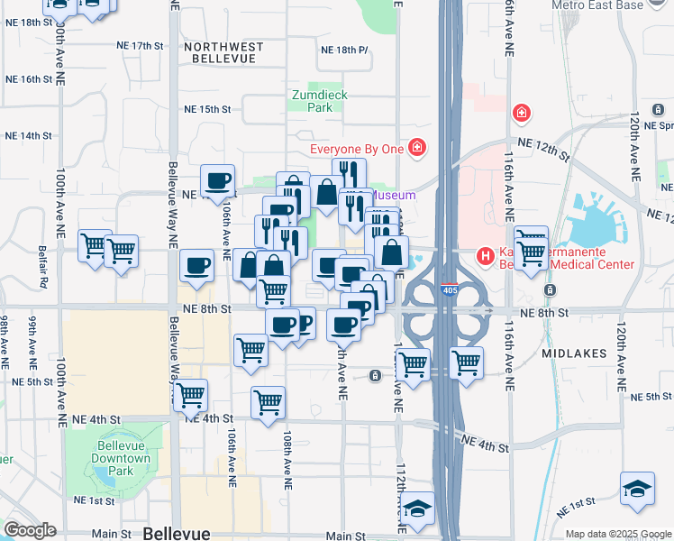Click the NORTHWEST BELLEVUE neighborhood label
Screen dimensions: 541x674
point(223,52)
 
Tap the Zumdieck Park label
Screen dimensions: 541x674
point(319,101)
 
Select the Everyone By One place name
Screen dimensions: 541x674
point(357,149)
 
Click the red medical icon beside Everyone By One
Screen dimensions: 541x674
point(416,147)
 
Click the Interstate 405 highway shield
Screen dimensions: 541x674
point(448,291)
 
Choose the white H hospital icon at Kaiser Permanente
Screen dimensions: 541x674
point(487,257)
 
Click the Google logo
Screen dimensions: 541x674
point(30,530)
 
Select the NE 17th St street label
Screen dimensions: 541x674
point(141,45)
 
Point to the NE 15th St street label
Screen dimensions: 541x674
point(208,109)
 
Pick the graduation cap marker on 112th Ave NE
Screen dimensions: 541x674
point(417,508)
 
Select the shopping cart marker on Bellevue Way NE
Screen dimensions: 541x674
point(190,394)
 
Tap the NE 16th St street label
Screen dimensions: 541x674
point(29,79)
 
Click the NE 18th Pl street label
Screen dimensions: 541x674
point(344,50)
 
